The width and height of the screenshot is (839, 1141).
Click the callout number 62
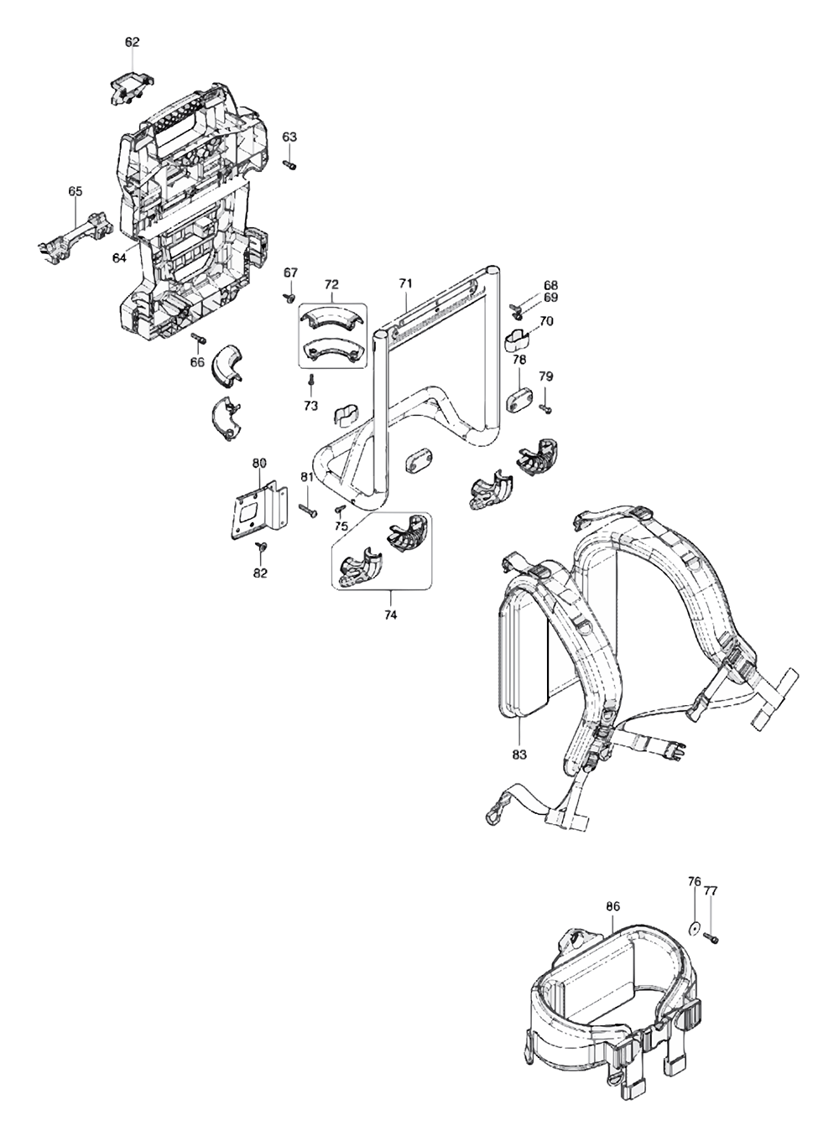point(132,41)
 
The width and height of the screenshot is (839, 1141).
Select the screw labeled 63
point(289,165)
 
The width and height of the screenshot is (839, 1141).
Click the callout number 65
point(75,191)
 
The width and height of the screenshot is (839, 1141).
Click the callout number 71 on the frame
point(405,284)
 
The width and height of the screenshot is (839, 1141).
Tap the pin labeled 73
point(311,382)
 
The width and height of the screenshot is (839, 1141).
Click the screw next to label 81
point(305,507)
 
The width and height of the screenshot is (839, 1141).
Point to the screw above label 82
point(260,547)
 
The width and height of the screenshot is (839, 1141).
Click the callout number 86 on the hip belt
point(612,905)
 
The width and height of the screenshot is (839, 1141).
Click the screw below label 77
point(713,937)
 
